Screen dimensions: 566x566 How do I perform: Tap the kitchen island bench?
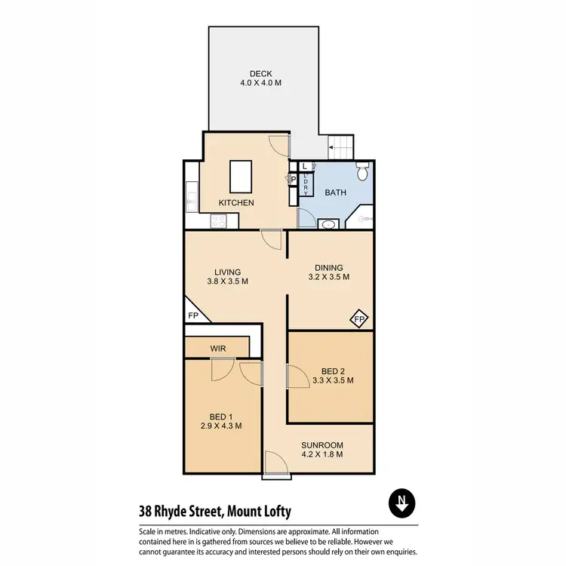tap(241, 177)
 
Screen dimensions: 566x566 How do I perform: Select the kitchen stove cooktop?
tap(219, 222)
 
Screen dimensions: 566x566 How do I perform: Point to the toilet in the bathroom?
tap(361, 173)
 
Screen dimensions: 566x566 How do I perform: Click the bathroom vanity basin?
tap(329, 224)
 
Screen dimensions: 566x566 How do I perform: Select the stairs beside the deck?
tap(341, 146)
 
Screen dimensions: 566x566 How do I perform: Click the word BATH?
tap(336, 192)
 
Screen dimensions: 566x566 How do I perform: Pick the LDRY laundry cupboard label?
tap(306, 185)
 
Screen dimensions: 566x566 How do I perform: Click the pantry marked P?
tap(293, 180)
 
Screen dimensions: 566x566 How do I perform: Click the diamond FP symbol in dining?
tap(359, 319)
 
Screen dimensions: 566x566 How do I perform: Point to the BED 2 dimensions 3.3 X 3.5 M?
tap(333, 380)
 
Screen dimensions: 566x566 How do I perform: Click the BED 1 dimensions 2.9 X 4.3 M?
tap(220, 426)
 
